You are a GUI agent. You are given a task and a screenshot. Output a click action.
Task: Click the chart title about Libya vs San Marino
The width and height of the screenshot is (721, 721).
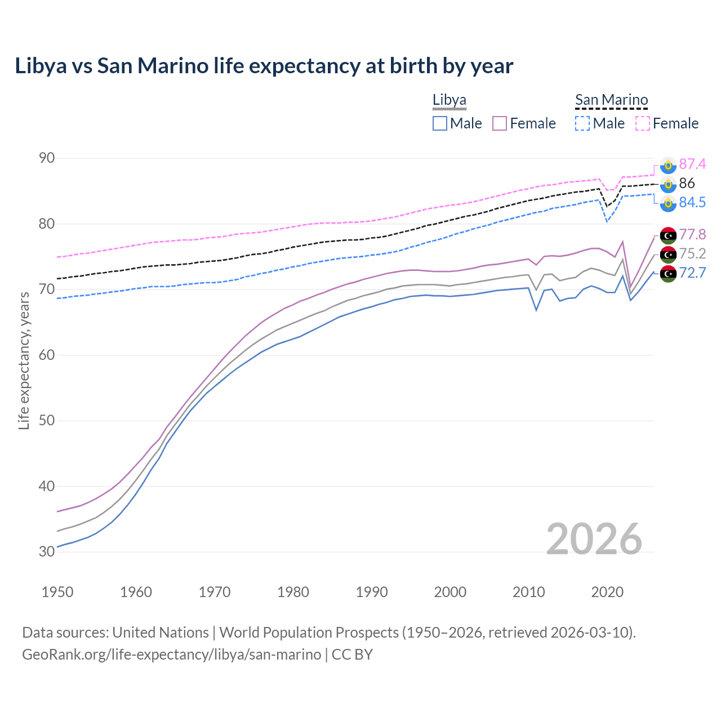coord(264,66)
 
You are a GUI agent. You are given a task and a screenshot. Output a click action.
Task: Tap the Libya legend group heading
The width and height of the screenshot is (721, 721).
coord(449,100)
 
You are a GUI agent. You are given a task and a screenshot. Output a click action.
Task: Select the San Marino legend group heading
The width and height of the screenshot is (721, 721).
coord(611,100)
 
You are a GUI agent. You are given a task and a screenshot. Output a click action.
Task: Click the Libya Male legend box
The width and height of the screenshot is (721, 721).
coord(440,123)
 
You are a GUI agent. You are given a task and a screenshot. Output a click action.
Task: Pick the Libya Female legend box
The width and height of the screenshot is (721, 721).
coord(500,123)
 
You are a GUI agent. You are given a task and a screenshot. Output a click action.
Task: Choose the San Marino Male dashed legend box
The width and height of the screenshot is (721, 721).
coord(582,123)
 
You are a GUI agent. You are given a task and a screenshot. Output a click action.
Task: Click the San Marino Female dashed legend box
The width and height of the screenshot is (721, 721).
coord(643,123)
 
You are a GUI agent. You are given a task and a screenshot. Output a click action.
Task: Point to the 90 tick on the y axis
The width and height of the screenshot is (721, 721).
coord(47,158)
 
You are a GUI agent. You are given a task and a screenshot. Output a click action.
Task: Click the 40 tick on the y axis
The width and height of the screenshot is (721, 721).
coord(47,486)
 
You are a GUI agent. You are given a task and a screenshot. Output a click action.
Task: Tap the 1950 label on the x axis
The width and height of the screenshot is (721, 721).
coord(57,592)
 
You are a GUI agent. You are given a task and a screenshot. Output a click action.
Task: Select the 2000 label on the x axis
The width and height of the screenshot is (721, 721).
coord(450,592)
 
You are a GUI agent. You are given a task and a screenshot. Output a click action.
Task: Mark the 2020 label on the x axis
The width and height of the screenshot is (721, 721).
coord(607,592)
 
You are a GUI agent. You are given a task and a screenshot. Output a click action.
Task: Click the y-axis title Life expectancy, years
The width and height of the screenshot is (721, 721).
coord(24,360)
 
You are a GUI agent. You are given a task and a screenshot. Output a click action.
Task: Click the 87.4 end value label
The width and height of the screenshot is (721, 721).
coord(692,164)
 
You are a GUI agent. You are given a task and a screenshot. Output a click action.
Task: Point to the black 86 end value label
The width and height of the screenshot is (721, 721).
coord(687,183)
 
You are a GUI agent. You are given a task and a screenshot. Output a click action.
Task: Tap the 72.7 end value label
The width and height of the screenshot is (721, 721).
coord(692,273)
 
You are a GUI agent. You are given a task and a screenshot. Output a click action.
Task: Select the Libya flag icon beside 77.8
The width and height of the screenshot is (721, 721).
coord(668,235)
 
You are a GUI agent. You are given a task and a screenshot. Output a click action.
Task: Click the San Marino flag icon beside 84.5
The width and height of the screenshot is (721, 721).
coord(668,203)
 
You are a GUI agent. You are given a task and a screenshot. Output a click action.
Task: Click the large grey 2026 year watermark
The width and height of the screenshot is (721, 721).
coord(594,539)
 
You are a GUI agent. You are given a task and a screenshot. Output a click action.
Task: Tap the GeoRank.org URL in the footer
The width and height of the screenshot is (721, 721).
coord(171,655)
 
